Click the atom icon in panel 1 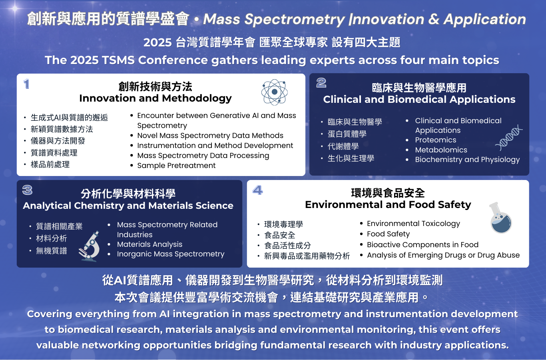pyautogui.click(x=275, y=92)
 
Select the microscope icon pyautogui.click(x=89, y=246)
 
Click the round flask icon pyautogui.click(x=500, y=218)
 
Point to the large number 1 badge pyautogui.click(x=26, y=84)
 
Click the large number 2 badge pyautogui.click(x=321, y=83)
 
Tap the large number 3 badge pyautogui.click(x=27, y=190)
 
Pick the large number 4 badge pyautogui.click(x=257, y=190)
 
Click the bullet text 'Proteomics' pyautogui.click(x=436, y=140)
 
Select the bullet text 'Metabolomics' pyautogui.click(x=441, y=150)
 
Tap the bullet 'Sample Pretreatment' pyautogui.click(x=176, y=166)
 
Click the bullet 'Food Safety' pyautogui.click(x=388, y=234)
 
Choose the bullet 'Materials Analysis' pyautogui.click(x=149, y=244)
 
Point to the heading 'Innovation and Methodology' pyautogui.click(x=155, y=98)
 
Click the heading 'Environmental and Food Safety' pyautogui.click(x=388, y=205)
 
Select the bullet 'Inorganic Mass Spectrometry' pyautogui.click(x=171, y=254)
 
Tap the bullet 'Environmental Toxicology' pyautogui.click(x=413, y=224)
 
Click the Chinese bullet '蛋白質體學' pyautogui.click(x=347, y=134)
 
